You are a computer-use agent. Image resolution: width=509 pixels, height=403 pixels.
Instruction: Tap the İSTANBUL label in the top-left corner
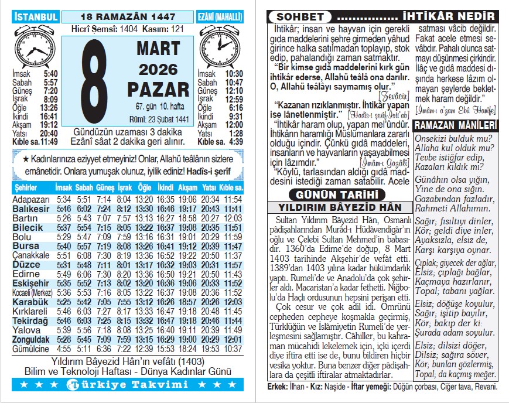pyautogui.click(x=36, y=16)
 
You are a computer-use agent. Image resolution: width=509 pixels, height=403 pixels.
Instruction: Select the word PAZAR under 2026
pyautogui.click(x=155, y=90)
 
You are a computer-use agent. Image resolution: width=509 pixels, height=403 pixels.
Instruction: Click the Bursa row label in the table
pyautogui.click(x=26, y=246)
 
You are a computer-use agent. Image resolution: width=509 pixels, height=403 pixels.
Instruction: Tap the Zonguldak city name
pyautogui.click(x=31, y=340)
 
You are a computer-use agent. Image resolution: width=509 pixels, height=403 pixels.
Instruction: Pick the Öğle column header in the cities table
pyautogui.click(x=144, y=187)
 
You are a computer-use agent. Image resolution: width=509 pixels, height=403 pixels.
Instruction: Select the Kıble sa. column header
pyautogui.click(x=231, y=187)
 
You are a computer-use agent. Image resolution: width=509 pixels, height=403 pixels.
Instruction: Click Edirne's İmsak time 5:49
pyautogui.click(x=63, y=274)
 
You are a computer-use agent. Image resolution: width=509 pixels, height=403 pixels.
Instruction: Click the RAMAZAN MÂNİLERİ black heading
pyautogui.click(x=455, y=126)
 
